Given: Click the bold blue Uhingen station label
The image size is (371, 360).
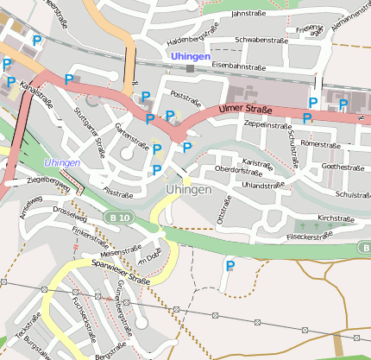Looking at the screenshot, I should [x=190, y=55].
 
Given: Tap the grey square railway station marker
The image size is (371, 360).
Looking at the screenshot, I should [x=190, y=68].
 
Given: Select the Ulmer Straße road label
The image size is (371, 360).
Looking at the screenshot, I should [x=245, y=110].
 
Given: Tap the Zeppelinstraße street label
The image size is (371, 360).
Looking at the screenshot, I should [x=268, y=125].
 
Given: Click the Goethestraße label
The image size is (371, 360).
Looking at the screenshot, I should [x=343, y=166].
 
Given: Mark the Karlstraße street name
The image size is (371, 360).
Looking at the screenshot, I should [x=258, y=161].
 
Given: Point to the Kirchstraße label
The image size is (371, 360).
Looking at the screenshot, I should [x=336, y=218].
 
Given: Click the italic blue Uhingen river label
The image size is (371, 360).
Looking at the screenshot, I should [x=62, y=162].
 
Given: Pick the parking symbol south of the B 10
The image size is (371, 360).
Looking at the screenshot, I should [x=230, y=266].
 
